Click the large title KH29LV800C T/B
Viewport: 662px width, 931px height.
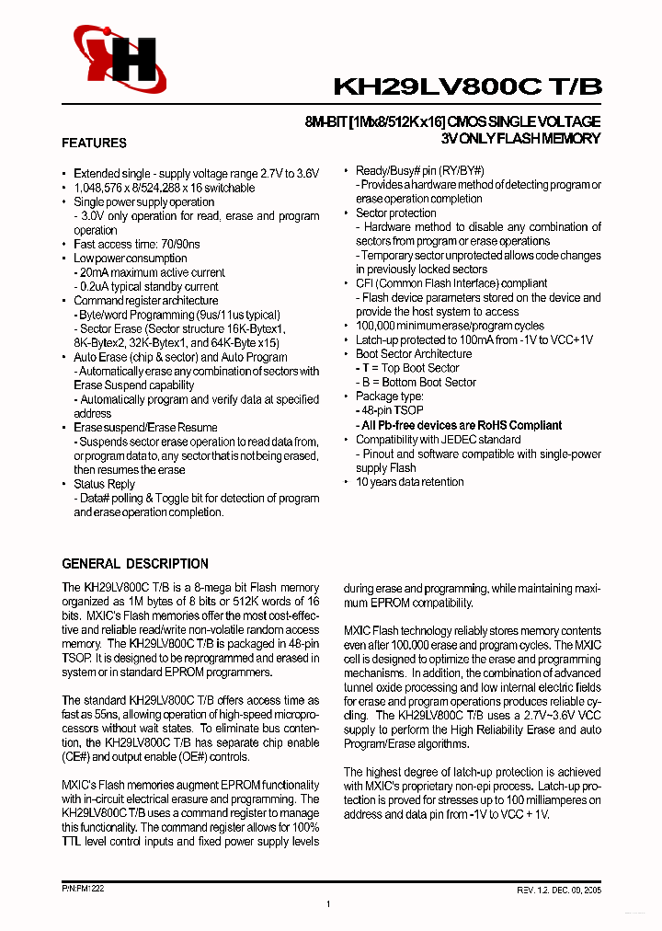pyautogui.click(x=468, y=87)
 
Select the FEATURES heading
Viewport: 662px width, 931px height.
pyautogui.click(x=94, y=143)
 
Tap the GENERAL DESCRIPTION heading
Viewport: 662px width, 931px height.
pyautogui.click(x=134, y=563)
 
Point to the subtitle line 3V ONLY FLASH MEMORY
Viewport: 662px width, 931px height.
pyautogui.click(x=520, y=139)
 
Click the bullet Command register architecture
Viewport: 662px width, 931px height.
pyautogui.click(x=145, y=300)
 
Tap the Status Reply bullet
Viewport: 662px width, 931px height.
pyautogui.click(x=104, y=484)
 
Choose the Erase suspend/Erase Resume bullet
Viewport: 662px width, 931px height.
pyautogui.click(x=145, y=427)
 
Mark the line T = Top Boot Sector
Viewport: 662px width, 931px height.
pyautogui.click(x=407, y=368)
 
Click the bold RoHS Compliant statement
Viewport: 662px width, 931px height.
pyautogui.click(x=459, y=425)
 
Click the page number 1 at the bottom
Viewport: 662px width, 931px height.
pyautogui.click(x=328, y=906)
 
